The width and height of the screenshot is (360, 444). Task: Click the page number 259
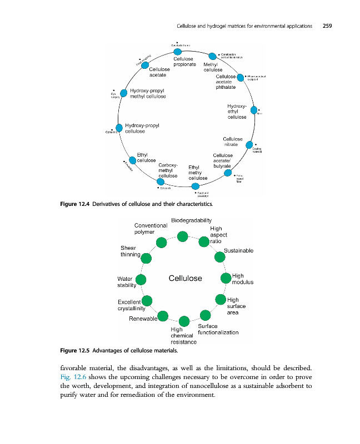(x=327, y=26)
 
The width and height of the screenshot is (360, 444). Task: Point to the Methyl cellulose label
(x=213, y=67)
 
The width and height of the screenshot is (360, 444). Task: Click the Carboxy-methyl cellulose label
(x=168, y=170)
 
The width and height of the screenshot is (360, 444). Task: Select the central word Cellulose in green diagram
(x=186, y=277)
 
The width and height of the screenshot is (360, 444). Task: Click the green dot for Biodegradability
(x=182, y=237)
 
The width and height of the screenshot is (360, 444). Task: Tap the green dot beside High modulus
(x=226, y=278)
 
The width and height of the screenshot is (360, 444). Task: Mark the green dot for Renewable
(x=163, y=316)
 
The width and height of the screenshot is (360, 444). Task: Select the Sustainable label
(x=238, y=250)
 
